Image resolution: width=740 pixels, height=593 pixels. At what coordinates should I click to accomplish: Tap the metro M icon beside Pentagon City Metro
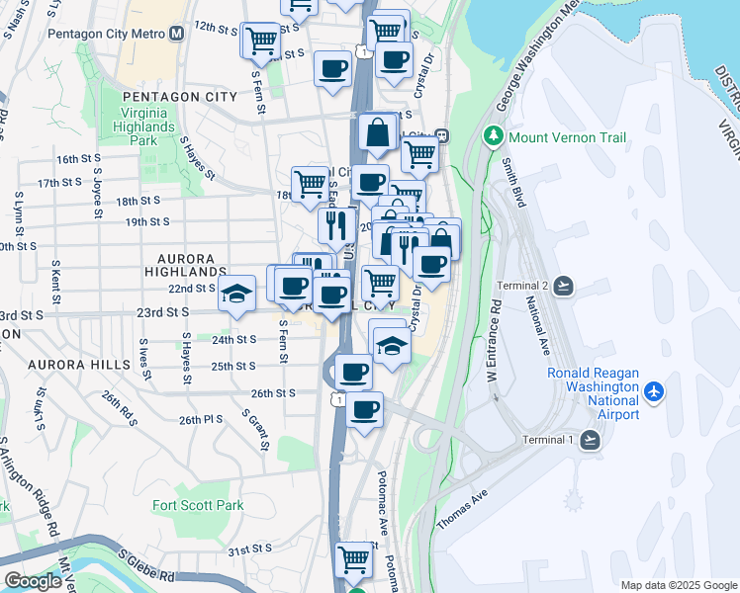177,33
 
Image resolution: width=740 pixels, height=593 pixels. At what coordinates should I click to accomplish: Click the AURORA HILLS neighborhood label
78,365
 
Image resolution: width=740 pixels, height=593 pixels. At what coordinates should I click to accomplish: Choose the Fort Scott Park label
198,505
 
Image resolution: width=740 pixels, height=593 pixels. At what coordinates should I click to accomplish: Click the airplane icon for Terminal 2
564,286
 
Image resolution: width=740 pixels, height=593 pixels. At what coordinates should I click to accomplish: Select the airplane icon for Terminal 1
591,440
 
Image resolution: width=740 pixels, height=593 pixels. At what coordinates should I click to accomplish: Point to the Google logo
33,581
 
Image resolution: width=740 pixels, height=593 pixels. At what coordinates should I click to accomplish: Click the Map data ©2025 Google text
678,585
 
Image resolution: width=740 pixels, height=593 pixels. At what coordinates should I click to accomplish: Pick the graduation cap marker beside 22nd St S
236,295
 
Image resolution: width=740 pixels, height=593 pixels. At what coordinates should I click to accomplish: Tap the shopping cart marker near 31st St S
353,558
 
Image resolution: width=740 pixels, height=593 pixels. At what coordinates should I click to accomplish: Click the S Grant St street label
257,429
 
